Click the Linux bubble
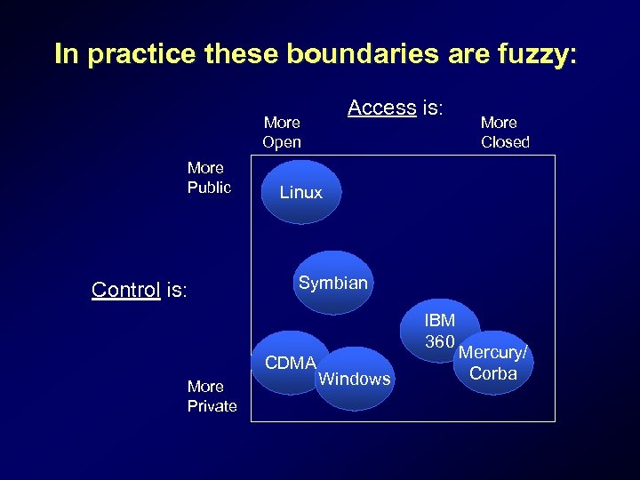click(301, 191)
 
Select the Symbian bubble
click(332, 283)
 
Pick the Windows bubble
click(355, 379)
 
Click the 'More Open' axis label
click(282, 132)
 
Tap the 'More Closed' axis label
click(505, 132)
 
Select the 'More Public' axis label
click(209, 178)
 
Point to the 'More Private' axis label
click(212, 396)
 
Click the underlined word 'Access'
click(382, 108)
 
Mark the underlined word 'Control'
click(125, 290)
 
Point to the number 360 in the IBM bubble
click(440, 341)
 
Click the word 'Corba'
click(493, 373)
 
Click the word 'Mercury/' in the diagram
click(492, 353)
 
